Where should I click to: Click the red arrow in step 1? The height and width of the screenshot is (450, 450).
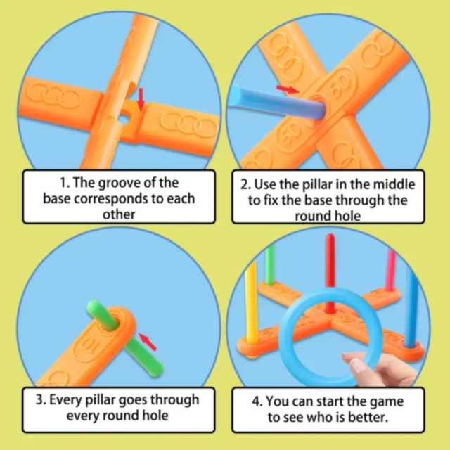(141, 99)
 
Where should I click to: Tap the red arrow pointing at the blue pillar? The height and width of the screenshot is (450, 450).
(288, 89)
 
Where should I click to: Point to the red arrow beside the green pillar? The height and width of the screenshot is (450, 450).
(148, 342)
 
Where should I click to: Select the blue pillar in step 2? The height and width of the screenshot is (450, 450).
(277, 102)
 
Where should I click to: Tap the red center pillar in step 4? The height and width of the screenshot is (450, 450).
(330, 274)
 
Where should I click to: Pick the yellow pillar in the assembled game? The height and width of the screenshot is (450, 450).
(251, 302)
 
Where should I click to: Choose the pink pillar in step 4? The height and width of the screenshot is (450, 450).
(391, 270)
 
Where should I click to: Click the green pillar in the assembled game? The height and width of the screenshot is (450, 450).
(269, 264)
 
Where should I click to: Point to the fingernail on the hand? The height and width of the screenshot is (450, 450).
(357, 366)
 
